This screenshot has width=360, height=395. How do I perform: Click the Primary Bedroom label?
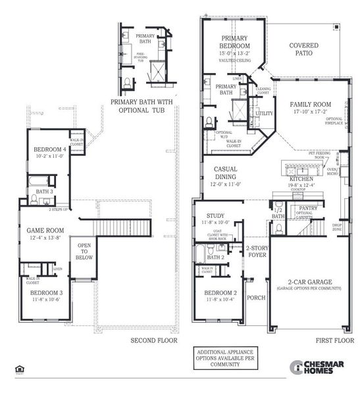(234, 42)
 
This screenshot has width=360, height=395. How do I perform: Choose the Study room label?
(215, 215)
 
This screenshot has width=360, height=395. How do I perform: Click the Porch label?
(255, 297)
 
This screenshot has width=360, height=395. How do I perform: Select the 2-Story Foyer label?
(256, 251)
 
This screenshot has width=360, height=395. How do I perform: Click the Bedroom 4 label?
(48, 149)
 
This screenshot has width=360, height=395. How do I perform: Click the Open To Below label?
(84, 251)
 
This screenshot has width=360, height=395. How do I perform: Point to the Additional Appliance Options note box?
(224, 361)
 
